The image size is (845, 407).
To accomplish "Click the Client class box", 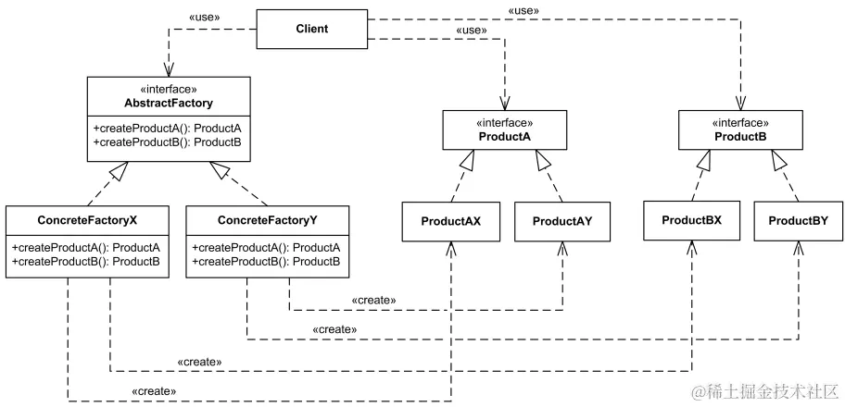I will tap(311, 29).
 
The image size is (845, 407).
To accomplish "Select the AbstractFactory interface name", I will tap(169, 104).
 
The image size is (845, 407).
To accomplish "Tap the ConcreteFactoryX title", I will tap(89, 221).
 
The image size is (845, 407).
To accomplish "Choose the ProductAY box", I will tap(562, 222).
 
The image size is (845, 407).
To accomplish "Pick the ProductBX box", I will tap(692, 221).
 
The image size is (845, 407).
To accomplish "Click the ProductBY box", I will tap(799, 221).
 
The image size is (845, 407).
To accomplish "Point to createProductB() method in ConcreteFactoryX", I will tap(86, 263).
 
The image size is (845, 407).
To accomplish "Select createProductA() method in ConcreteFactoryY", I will tap(267, 248).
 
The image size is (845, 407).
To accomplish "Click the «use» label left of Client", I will tap(210, 18).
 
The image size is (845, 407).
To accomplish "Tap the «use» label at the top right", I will tap(523, 10).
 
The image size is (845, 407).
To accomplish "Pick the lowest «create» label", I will tap(155, 391).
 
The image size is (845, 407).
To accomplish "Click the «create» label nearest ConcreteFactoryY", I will tap(373, 301).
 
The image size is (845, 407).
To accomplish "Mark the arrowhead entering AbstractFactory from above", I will tap(169, 69).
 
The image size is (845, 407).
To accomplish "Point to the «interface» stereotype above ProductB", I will tap(740, 123).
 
